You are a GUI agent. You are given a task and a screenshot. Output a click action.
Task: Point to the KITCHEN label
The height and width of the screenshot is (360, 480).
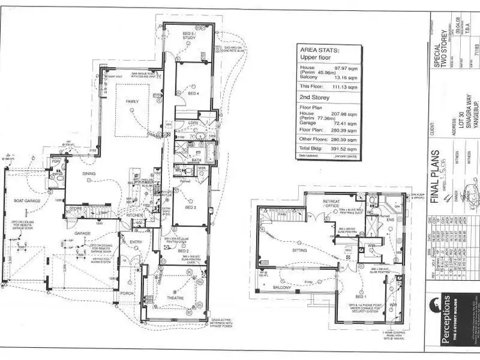136,215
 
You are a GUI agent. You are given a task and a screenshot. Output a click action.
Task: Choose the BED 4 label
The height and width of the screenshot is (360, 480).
193,93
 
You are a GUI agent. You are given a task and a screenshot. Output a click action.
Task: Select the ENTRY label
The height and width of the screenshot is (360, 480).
136,242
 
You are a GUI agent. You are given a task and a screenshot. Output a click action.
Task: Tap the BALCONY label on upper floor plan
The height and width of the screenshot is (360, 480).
283,288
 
